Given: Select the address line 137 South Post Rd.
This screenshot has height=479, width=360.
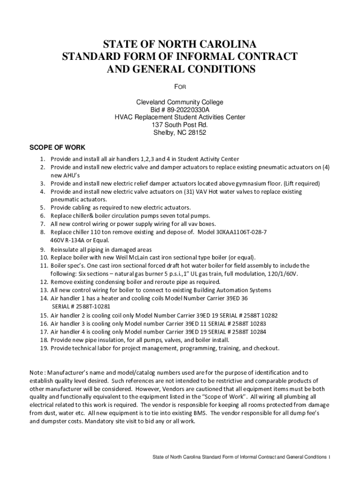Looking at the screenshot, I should point(180,125).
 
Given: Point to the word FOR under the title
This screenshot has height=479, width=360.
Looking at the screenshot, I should point(180,87).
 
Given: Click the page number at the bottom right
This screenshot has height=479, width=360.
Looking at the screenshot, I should point(330,457).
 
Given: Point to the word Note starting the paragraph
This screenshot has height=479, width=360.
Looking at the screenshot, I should point(36,372).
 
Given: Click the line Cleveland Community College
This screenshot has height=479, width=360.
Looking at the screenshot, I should point(180,102).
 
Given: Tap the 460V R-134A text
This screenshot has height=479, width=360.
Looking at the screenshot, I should point(71,240).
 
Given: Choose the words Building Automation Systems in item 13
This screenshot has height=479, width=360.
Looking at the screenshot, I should point(225,290).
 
